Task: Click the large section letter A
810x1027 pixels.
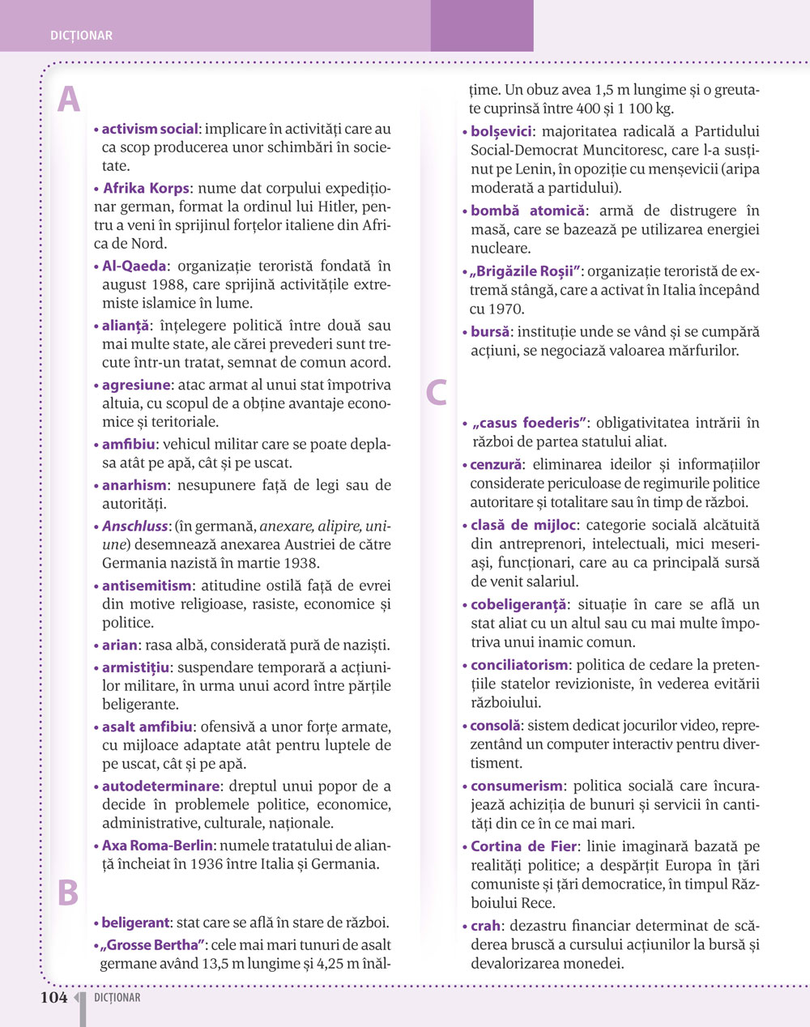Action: tap(69, 100)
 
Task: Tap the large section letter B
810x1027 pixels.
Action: tap(68, 892)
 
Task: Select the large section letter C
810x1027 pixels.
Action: tap(437, 392)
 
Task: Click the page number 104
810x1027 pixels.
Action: tap(53, 998)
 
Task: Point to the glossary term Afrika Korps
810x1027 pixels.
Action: tap(146, 188)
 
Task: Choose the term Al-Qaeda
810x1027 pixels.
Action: tap(134, 266)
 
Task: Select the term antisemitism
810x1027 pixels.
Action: tap(147, 585)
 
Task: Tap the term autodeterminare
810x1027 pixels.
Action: tap(160, 786)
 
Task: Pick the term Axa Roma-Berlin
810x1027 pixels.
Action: tap(157, 845)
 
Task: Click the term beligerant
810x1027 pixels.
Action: tap(135, 922)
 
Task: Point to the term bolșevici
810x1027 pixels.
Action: tap(501, 131)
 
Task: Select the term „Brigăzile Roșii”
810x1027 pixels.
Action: tap(526, 271)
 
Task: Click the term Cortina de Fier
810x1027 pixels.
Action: tap(524, 846)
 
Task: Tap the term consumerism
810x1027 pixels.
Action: tap(516, 786)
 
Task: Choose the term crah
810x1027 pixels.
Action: tap(486, 925)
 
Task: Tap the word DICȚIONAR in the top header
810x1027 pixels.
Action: tap(81, 36)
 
